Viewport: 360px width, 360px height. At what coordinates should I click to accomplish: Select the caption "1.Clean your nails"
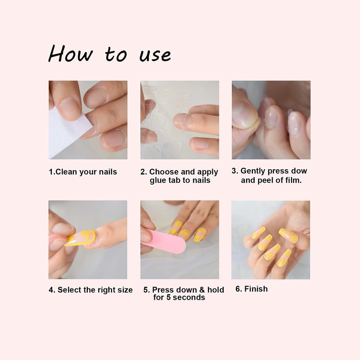[x=83, y=171]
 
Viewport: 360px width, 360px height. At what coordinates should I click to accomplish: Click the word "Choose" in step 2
[x=164, y=172]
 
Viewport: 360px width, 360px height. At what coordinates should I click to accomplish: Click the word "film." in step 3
[x=291, y=180]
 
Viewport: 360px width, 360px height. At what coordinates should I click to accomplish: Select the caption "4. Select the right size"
[x=90, y=290]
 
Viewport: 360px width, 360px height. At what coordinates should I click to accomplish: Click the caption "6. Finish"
[x=252, y=289]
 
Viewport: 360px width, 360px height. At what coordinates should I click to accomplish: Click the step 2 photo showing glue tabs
[x=180, y=120]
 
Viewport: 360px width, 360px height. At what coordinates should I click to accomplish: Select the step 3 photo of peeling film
[x=271, y=120]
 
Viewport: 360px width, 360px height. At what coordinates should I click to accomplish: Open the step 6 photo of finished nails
[x=270, y=239]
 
